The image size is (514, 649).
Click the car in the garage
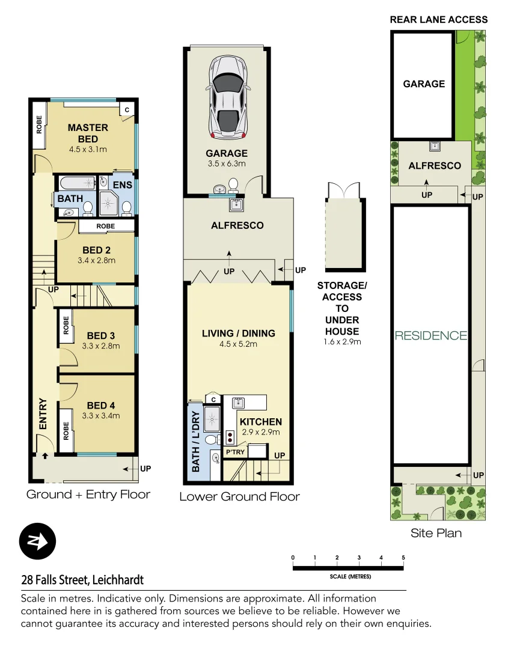[227, 97]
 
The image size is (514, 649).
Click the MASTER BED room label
[88, 133]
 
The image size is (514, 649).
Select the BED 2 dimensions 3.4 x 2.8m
[96, 261]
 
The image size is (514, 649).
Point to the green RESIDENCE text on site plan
[430, 335]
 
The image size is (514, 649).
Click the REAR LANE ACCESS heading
[439, 19]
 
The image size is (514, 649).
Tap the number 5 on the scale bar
[403, 558]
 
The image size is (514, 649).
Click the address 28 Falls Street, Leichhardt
[82, 580]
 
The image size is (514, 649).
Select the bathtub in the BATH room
[77, 183]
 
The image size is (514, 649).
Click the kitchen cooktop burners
[229, 437]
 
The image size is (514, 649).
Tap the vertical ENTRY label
[43, 413]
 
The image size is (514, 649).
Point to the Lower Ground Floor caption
[239, 496]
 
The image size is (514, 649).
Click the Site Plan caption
[436, 533]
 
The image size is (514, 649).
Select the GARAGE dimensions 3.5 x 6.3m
[227, 163]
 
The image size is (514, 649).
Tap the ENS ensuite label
[123, 184]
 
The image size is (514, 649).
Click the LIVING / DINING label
[239, 334]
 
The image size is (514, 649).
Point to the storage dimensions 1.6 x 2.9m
[341, 342]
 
